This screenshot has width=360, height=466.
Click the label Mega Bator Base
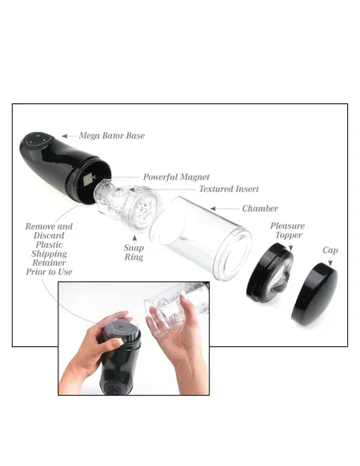point(111,136)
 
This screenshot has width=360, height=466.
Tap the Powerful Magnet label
point(176,177)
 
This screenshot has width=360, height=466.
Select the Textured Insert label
point(207,189)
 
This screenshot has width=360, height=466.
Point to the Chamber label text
point(262,209)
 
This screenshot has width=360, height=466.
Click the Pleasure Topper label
point(286,232)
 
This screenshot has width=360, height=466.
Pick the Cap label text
point(330,251)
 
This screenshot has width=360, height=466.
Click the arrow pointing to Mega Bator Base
point(67,136)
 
